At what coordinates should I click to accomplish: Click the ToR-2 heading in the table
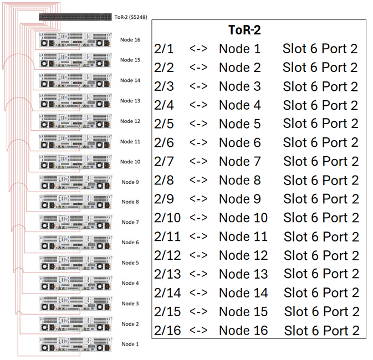click(x=244, y=30)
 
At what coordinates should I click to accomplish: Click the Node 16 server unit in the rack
click(x=75, y=40)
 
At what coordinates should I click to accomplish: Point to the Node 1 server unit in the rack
click(x=75, y=344)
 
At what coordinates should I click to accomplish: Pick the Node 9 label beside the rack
click(x=130, y=182)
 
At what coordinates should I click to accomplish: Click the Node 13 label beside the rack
click(x=130, y=101)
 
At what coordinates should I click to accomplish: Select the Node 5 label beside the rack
click(x=130, y=263)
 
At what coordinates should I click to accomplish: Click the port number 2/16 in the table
click(x=167, y=331)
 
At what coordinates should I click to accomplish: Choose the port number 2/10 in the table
click(x=167, y=218)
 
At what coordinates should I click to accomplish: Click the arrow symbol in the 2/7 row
click(x=198, y=162)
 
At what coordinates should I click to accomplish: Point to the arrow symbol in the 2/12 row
click(x=198, y=255)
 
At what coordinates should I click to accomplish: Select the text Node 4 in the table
click(x=239, y=105)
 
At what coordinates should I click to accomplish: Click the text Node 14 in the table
click(x=243, y=293)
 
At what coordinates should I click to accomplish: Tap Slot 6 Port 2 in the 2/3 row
click(x=320, y=86)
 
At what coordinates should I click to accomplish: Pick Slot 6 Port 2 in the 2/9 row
click(x=321, y=199)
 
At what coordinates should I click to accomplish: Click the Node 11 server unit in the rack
click(x=75, y=141)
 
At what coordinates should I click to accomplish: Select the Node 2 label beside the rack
click(x=130, y=323)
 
